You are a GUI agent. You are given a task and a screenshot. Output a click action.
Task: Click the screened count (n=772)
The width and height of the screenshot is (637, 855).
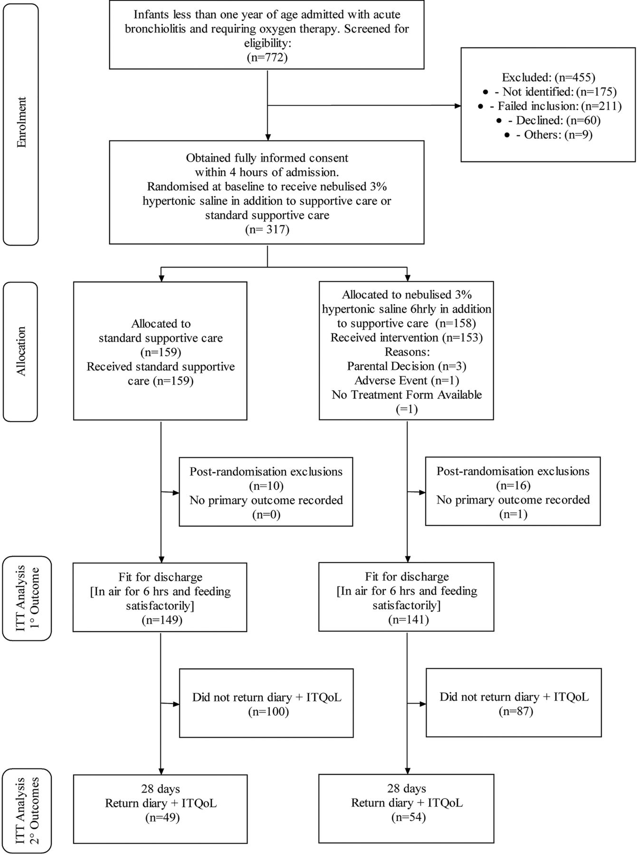(267, 57)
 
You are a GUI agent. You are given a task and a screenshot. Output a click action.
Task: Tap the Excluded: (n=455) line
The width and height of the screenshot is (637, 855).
(548, 77)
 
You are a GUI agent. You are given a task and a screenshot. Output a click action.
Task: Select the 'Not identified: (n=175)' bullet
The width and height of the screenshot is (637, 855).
(548, 91)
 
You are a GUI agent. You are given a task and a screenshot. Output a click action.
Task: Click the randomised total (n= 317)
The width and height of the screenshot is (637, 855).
(267, 229)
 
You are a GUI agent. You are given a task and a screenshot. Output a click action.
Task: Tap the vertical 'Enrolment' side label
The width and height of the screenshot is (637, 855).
(21, 123)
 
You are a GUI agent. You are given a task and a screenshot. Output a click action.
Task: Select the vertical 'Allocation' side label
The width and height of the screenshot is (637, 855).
(21, 351)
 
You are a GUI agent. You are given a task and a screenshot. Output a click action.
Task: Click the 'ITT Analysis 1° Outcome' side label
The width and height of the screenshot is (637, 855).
(27, 598)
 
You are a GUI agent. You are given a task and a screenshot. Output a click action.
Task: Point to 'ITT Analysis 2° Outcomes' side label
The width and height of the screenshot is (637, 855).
(27, 811)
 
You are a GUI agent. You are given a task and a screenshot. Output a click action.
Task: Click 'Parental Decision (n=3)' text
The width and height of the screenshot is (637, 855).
(407, 366)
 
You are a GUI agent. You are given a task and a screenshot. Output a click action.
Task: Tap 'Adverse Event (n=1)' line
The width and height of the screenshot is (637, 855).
(407, 380)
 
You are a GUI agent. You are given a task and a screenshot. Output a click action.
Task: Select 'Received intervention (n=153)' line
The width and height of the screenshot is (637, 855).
(407, 338)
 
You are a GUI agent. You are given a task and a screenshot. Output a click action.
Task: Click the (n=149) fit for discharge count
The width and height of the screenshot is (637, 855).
(162, 620)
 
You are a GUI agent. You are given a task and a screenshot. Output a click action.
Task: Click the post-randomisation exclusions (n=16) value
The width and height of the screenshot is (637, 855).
(513, 485)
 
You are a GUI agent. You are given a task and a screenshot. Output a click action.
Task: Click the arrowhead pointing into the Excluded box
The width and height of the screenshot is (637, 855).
(457, 106)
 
